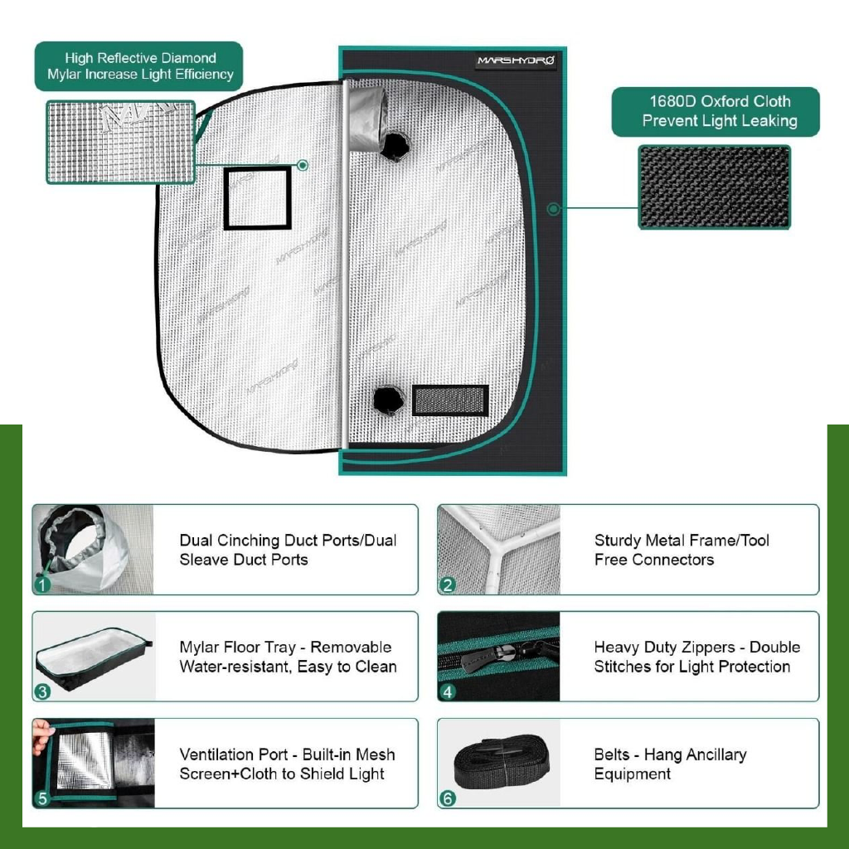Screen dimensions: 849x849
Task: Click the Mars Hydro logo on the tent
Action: [516, 61]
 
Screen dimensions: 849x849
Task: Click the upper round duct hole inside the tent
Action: [395, 146]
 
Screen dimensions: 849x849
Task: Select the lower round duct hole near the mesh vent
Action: [389, 400]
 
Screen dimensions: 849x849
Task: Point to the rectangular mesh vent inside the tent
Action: [450, 400]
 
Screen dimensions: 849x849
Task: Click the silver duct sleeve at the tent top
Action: [366, 119]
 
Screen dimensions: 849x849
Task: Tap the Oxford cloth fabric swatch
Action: [714, 187]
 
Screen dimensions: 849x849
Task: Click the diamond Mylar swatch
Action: [121, 142]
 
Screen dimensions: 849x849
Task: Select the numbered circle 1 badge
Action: [42, 585]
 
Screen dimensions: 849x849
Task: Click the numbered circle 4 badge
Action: [447, 691]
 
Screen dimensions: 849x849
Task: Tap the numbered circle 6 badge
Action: [447, 798]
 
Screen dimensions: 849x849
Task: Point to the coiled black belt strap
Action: [502, 761]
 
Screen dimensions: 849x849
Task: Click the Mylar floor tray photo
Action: [94, 657]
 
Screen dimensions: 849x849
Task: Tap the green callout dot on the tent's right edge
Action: [553, 208]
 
